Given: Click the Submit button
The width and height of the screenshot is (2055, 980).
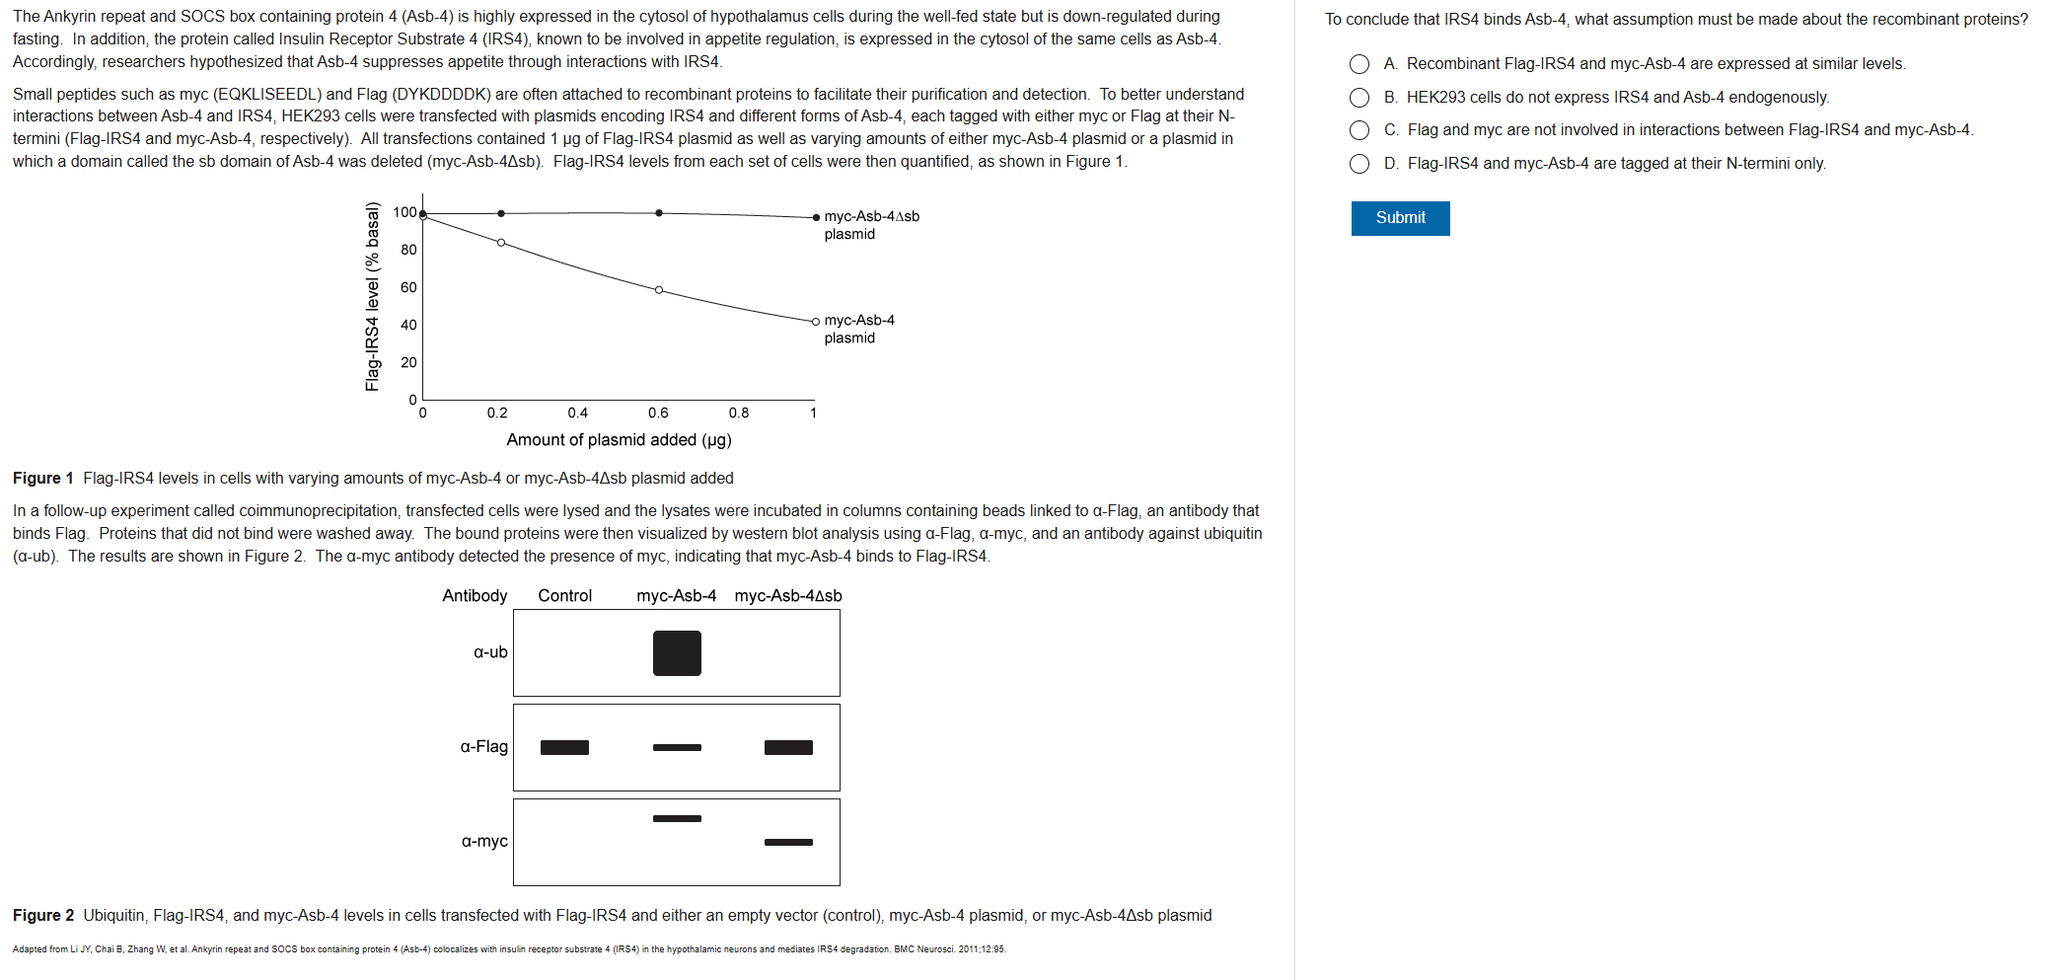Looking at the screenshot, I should tap(1400, 218).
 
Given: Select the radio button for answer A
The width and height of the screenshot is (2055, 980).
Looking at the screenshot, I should tap(1359, 64).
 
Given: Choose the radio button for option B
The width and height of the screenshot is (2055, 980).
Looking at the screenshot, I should tap(1359, 98).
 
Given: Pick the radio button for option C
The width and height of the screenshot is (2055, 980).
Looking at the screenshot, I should tap(1359, 130).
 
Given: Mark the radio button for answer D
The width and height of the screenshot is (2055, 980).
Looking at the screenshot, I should tap(1359, 164).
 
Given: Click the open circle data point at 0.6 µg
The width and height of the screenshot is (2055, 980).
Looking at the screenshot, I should tap(659, 290).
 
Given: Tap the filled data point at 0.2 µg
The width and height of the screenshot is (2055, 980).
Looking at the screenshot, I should tap(501, 213).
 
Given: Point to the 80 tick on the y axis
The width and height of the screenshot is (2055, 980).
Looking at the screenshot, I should tap(408, 250).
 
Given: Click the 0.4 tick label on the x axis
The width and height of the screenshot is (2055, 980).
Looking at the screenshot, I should tap(577, 414).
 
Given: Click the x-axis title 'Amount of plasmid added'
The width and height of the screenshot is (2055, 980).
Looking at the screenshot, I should tap(619, 440).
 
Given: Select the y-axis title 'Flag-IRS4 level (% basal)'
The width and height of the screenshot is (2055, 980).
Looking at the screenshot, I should tap(372, 296).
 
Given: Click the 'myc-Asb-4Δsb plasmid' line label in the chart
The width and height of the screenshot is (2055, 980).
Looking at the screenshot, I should tap(871, 225).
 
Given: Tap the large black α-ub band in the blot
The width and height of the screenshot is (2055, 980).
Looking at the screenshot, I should tap(677, 653).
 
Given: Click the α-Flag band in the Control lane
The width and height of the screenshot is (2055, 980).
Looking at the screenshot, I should tap(564, 748).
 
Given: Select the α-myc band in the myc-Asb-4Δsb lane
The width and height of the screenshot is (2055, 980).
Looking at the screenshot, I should tap(788, 843).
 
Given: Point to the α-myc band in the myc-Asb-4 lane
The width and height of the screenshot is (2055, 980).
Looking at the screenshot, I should tap(677, 819).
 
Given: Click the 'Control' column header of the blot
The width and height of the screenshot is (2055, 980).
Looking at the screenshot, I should tap(564, 596).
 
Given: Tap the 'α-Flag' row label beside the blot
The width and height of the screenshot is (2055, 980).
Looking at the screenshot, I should tap(483, 747).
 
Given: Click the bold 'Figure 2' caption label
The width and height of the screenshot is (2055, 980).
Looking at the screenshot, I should tap(43, 916).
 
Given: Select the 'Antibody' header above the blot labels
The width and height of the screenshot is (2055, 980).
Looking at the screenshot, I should tap(475, 596).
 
